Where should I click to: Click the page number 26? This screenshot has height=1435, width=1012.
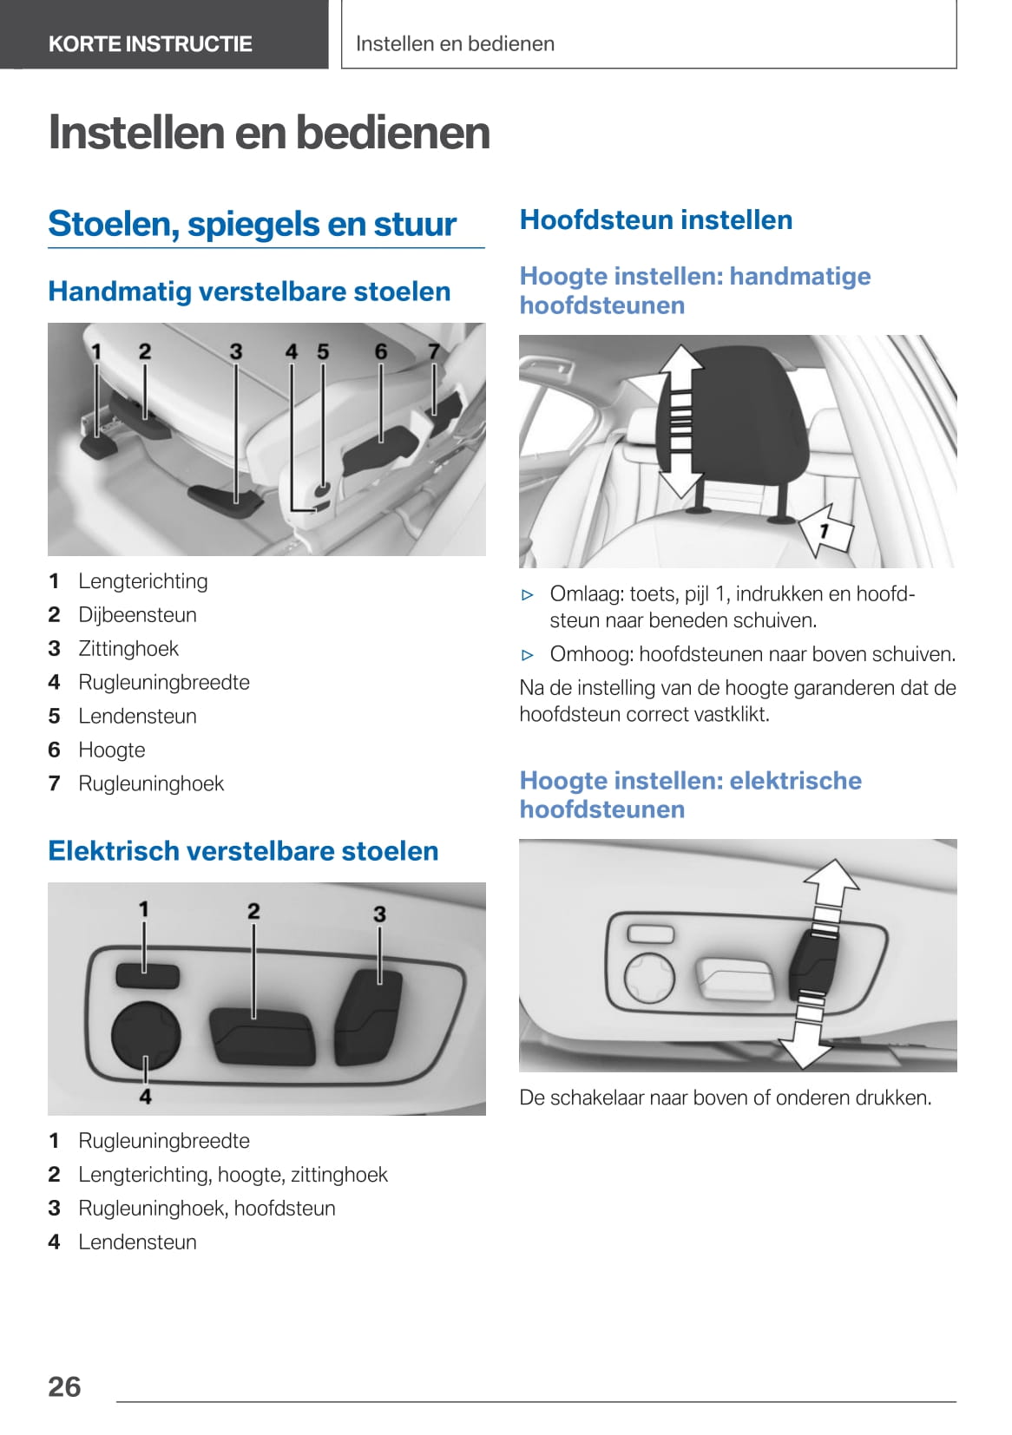pyautogui.click(x=64, y=1386)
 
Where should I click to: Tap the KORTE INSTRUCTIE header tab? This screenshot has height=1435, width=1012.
pyautogui.click(x=150, y=43)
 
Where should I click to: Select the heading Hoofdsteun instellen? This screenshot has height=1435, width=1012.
pyautogui.click(x=655, y=220)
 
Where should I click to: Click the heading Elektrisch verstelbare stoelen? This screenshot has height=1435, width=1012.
pyautogui.click(x=243, y=850)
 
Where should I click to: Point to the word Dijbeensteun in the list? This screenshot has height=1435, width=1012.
pyautogui.click(x=137, y=614)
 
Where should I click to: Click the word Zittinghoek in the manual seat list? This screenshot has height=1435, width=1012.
pyautogui.click(x=128, y=648)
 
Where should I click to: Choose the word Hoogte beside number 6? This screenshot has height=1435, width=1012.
pyautogui.click(x=112, y=750)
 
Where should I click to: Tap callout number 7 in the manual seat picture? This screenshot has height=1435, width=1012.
pyautogui.click(x=434, y=351)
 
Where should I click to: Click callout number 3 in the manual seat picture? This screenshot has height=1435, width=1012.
pyautogui.click(x=236, y=351)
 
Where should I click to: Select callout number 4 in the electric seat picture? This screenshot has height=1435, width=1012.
pyautogui.click(x=145, y=1097)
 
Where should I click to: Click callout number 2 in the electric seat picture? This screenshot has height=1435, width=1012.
pyautogui.click(x=253, y=911)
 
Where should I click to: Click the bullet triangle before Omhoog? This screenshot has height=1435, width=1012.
pyautogui.click(x=528, y=655)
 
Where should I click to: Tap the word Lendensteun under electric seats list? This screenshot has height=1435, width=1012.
pyautogui.click(x=137, y=1242)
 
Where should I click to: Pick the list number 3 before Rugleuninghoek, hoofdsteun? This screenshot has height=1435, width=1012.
pyautogui.click(x=54, y=1208)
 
